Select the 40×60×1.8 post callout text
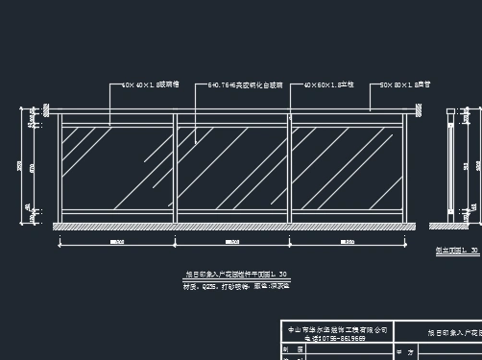330,85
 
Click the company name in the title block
338,329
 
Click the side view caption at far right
462,250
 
